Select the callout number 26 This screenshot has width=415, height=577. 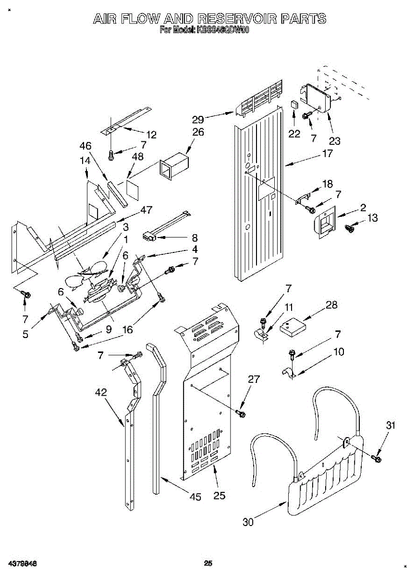[198, 132]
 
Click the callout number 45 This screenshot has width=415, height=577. [195, 497]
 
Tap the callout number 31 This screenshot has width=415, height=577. [391, 425]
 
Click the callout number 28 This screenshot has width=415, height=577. [331, 305]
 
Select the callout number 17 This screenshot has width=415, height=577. [327, 154]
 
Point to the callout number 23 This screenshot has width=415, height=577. [334, 141]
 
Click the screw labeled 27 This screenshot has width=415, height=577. [242, 413]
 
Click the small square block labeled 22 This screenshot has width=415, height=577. [294, 105]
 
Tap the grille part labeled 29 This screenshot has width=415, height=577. [259, 100]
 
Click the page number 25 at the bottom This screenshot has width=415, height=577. [208, 564]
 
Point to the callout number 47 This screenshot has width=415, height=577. [146, 210]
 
